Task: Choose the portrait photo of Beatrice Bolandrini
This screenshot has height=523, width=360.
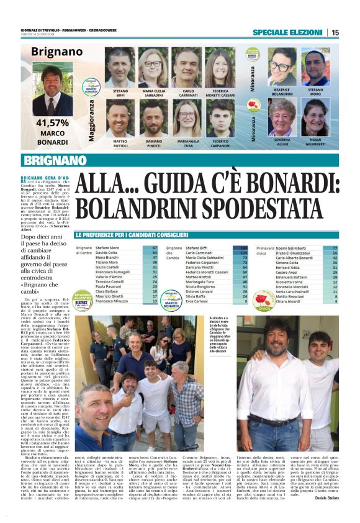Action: tap(282, 68)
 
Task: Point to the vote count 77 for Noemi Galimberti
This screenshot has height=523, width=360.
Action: tap(335, 248)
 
